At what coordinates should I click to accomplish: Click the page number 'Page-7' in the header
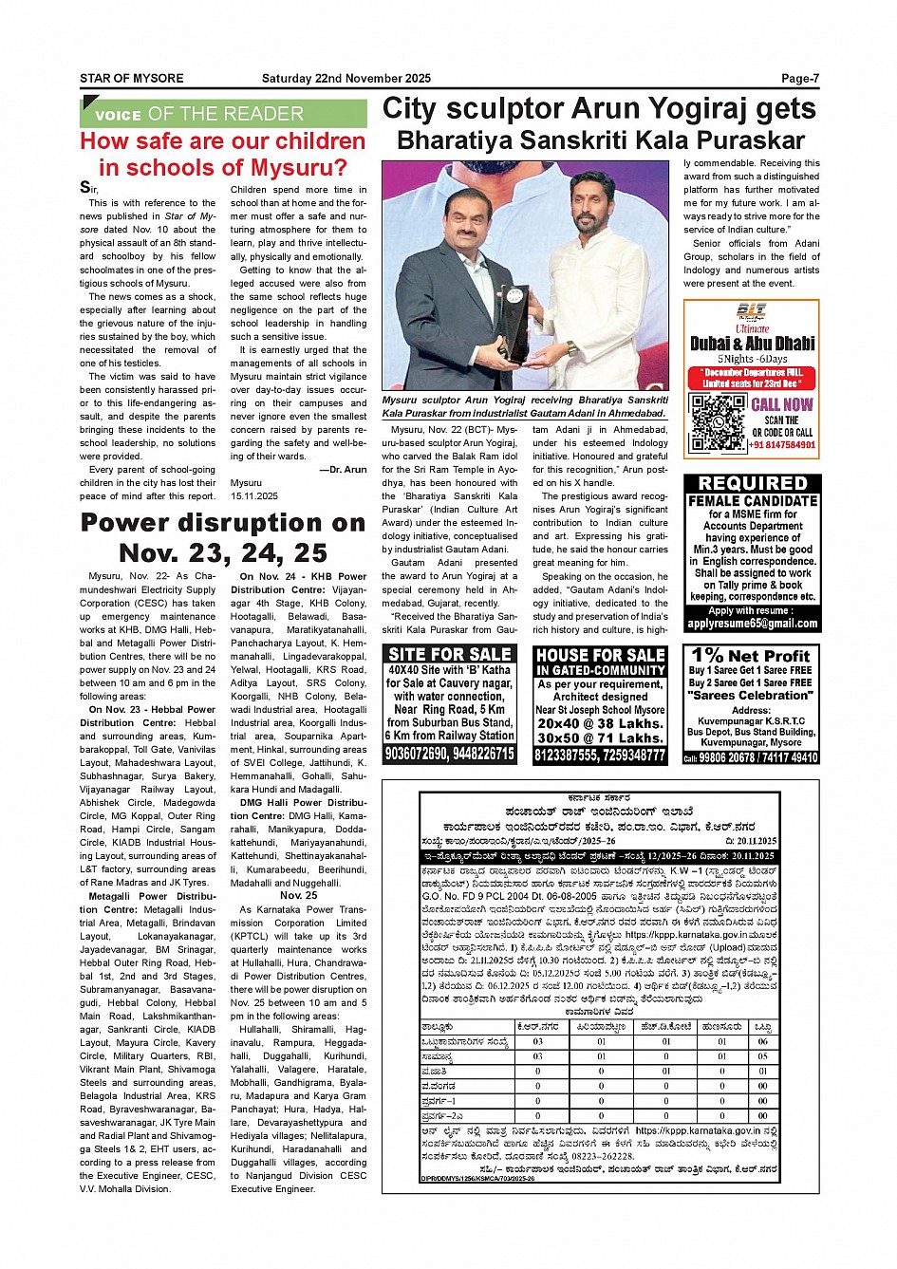pos(799,79)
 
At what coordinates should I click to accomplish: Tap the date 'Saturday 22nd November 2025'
pos(346,79)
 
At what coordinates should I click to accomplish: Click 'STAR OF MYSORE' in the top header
pos(132,79)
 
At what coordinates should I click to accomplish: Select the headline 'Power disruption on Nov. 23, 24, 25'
pos(223,538)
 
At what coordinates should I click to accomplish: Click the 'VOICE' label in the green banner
pos(119,116)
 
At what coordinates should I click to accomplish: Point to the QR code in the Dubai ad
pos(718,422)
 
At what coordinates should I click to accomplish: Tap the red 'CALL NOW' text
pos(782,404)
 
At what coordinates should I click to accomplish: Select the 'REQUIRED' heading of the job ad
pos(753,484)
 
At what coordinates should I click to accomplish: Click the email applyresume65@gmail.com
pos(753,624)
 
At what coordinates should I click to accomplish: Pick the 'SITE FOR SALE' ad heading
pos(450,654)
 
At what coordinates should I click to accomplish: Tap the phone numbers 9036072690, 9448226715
pos(450,755)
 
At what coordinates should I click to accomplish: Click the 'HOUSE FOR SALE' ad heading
pos(600,655)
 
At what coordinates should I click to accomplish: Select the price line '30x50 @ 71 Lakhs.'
pos(600,738)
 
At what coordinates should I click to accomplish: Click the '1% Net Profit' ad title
pos(751,656)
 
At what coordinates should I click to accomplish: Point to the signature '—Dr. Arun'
pos(343,470)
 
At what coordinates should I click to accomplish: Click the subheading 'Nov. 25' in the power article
pos(298,895)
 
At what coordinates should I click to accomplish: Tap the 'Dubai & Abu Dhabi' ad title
pos(752,344)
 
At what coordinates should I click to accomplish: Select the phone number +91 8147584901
pos(782,445)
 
